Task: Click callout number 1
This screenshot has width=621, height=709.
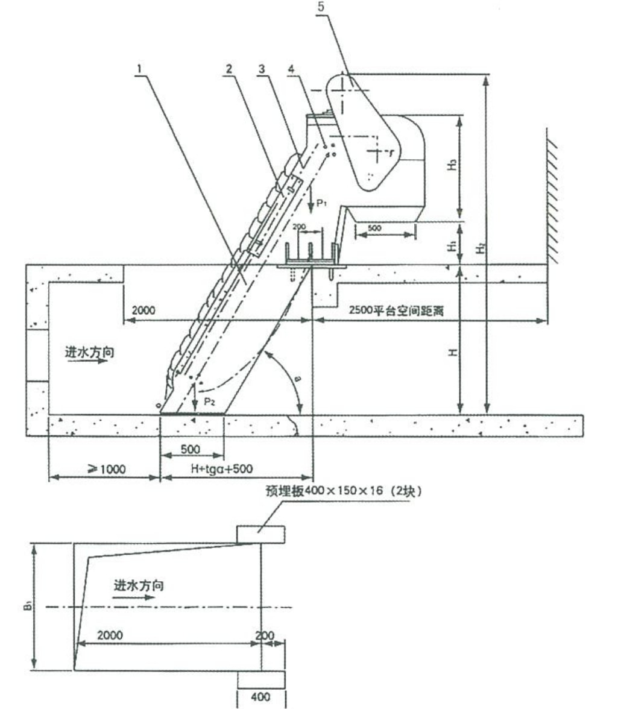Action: (x=139, y=69)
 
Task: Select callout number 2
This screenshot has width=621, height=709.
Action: (x=229, y=69)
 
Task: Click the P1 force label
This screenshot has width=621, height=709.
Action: (x=321, y=203)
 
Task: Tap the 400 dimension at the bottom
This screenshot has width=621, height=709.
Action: (x=260, y=698)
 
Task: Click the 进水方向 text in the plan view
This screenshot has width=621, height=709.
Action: (x=138, y=585)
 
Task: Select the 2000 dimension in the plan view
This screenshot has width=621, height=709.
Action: (x=110, y=635)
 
